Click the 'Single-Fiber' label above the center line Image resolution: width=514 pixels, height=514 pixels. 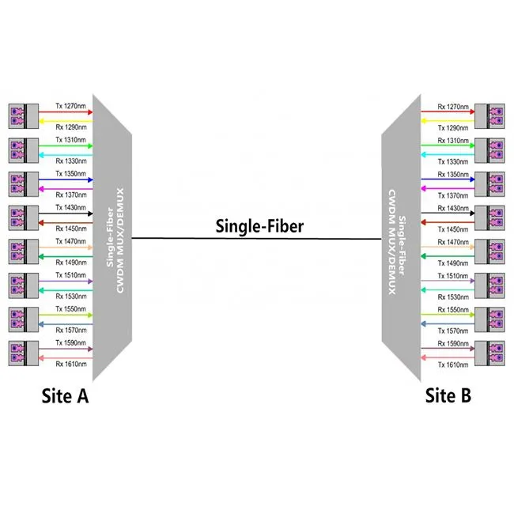point(259,226)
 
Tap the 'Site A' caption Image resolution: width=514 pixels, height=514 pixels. point(65,395)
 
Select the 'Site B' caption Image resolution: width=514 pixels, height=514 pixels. point(448,395)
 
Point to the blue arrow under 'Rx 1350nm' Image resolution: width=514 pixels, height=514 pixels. point(443,180)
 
